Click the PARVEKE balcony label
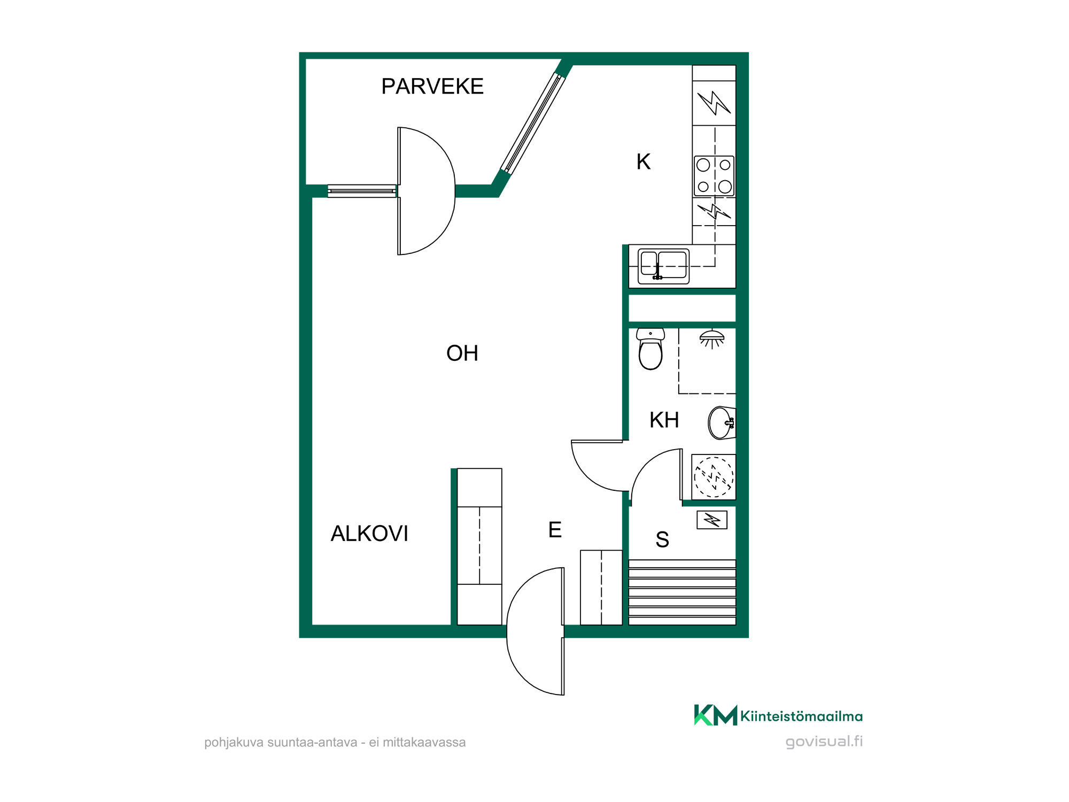pos(432,86)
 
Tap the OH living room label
pos(462,353)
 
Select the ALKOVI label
pos(369,534)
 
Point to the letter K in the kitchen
pos(643,161)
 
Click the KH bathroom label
pos(664,420)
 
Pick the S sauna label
pos(662,539)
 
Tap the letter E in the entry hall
pos(555,530)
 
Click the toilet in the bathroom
pos(650,349)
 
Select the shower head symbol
pos(712,339)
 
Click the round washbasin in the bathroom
pos(722,423)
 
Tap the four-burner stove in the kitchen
pos(714,176)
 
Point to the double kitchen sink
pos(664,266)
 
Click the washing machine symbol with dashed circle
pos(714,477)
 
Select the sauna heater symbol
pos(712,520)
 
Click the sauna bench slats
pos(682,592)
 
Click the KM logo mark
pos(715,715)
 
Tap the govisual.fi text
pos(824,742)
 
